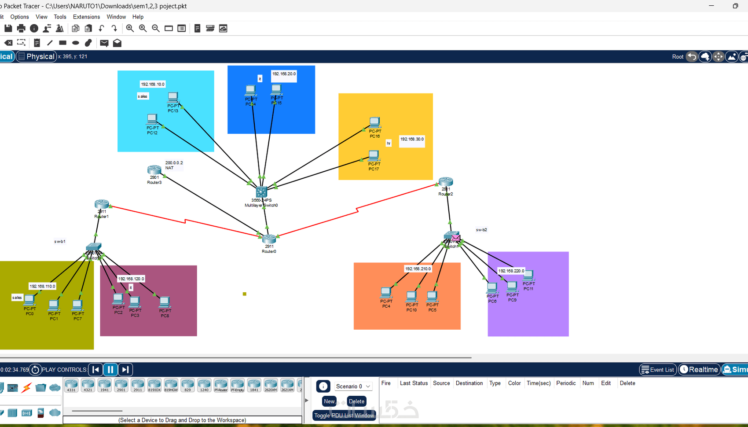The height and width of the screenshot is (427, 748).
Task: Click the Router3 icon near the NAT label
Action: coord(154,170)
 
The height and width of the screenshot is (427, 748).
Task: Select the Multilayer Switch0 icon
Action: coord(261,192)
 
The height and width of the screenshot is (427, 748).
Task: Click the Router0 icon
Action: coord(269,239)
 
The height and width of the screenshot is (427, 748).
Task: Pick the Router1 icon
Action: coord(102,205)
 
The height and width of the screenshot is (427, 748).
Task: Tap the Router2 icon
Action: coord(446,182)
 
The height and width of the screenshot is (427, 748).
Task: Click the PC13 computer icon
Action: coord(173,97)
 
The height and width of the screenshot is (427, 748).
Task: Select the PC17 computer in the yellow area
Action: coord(374,156)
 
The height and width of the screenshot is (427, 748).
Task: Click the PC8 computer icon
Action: coord(165,302)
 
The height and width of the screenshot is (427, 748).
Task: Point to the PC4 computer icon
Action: coord(386,292)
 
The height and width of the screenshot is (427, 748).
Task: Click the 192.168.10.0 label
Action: coord(153,84)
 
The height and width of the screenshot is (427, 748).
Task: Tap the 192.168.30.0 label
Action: coord(412,139)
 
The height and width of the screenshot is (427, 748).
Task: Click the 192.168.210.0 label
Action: coord(418,269)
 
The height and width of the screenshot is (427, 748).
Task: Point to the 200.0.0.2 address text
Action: coord(174,163)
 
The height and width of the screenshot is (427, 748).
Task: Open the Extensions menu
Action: coord(86,17)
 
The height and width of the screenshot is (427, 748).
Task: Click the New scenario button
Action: coord(329,401)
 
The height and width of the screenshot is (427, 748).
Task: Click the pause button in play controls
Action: coord(110,369)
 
